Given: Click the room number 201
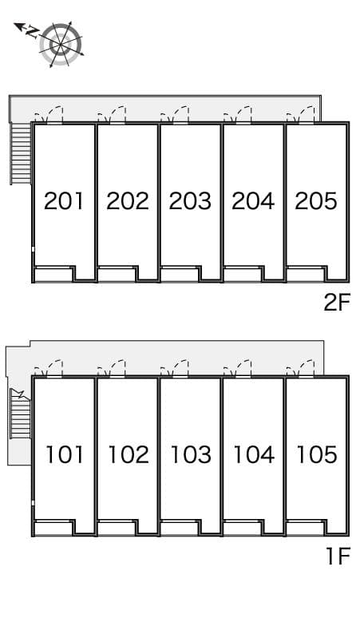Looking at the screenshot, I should click(x=64, y=200).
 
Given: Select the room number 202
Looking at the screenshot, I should click(x=128, y=200).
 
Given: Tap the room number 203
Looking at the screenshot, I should click(x=191, y=200).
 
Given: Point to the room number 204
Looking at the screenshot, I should click(x=253, y=200).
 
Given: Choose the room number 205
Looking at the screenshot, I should click(x=316, y=200).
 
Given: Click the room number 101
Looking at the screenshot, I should click(x=64, y=454).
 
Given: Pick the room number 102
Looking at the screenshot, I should click(x=128, y=454).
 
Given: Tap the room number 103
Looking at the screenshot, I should click(x=191, y=454).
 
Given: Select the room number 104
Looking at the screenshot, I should click(x=253, y=454).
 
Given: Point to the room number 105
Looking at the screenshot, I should click(x=316, y=454).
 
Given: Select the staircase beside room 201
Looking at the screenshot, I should click(x=20, y=153).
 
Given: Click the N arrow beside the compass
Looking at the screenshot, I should click(x=28, y=30).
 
